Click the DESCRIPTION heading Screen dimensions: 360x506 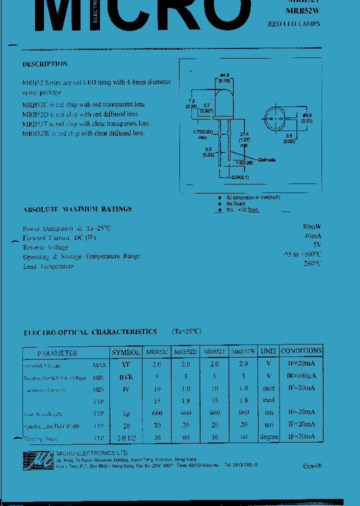[45, 64]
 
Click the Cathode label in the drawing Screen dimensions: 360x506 [266, 159]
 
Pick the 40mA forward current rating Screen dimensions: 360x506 [312, 236]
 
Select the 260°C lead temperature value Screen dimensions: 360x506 [312, 264]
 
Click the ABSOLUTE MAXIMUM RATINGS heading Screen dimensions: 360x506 [77, 209]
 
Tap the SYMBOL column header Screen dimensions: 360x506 [126, 352]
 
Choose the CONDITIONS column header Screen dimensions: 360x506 [301, 351]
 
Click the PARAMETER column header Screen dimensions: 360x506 [57, 352]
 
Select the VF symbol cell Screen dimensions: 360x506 [126, 364]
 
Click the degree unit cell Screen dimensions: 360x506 [269, 437]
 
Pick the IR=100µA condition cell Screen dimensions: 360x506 [301, 376]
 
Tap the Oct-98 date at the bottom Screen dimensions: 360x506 [312, 465]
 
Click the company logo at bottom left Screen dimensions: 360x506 [38, 459]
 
